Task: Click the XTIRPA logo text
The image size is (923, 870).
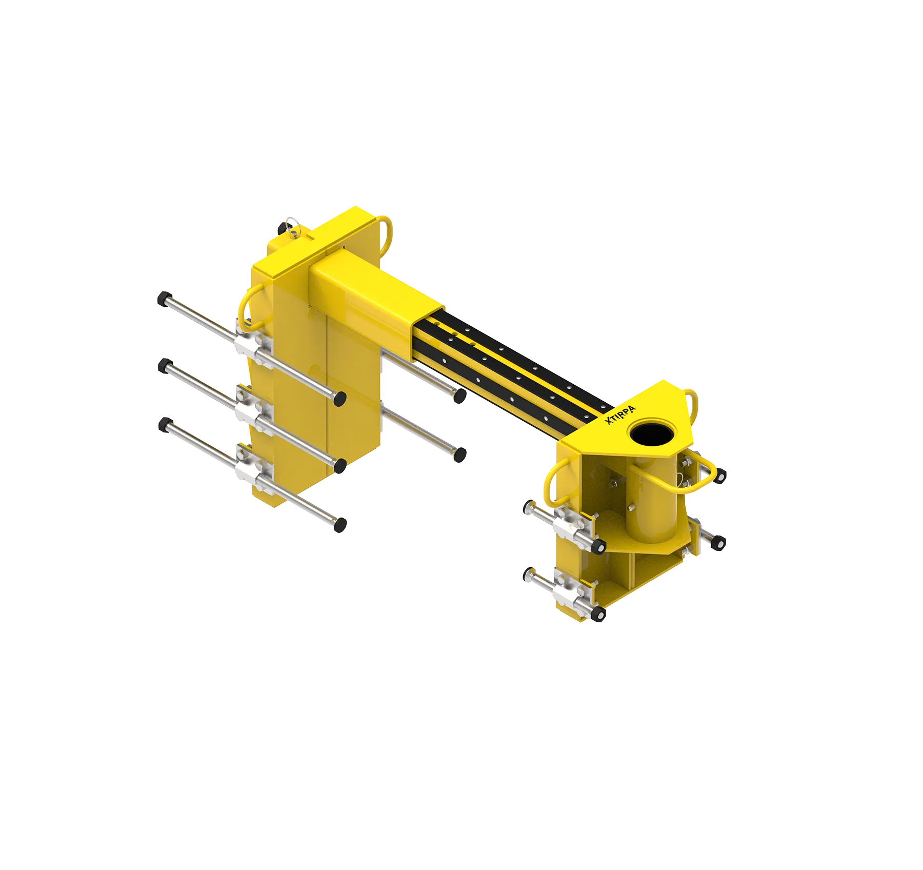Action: (x=620, y=415)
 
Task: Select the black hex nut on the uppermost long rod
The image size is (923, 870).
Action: (x=164, y=299)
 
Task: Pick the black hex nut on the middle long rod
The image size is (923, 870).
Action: (x=165, y=366)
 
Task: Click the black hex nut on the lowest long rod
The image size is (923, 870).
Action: (x=165, y=425)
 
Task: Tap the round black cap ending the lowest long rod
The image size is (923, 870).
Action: (x=340, y=525)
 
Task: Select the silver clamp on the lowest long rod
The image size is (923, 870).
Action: (x=253, y=468)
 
